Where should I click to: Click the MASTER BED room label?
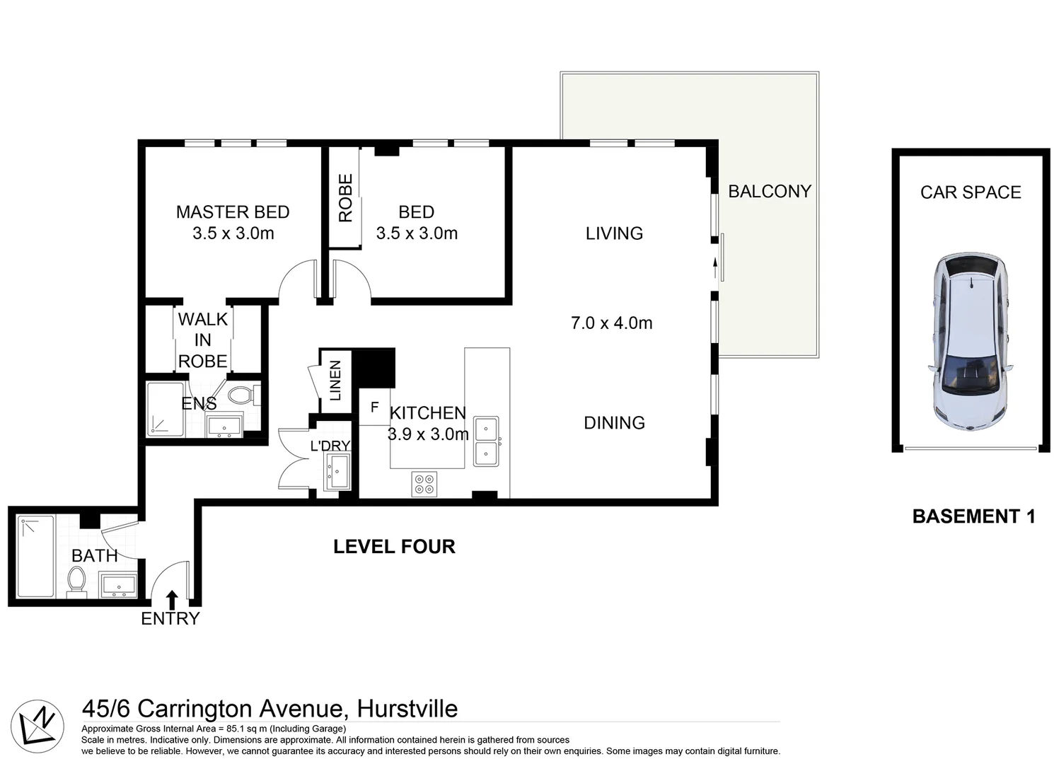(x=233, y=212)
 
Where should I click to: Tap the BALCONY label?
(x=769, y=192)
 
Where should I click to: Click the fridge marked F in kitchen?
(x=374, y=407)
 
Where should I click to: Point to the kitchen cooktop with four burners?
(x=425, y=484)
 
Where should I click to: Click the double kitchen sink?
(x=486, y=441)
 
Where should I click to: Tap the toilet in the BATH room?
(x=76, y=581)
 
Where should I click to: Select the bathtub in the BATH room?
(x=35, y=556)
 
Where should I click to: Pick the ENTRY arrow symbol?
(x=171, y=600)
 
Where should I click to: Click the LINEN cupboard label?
(x=336, y=381)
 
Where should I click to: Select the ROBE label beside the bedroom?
(x=345, y=199)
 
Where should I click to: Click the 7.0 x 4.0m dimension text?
(x=611, y=323)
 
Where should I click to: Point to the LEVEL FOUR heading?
(x=394, y=547)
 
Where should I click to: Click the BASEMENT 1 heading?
(x=973, y=517)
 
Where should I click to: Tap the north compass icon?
(x=37, y=726)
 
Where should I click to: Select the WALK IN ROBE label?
(x=203, y=340)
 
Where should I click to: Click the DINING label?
(x=614, y=423)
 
